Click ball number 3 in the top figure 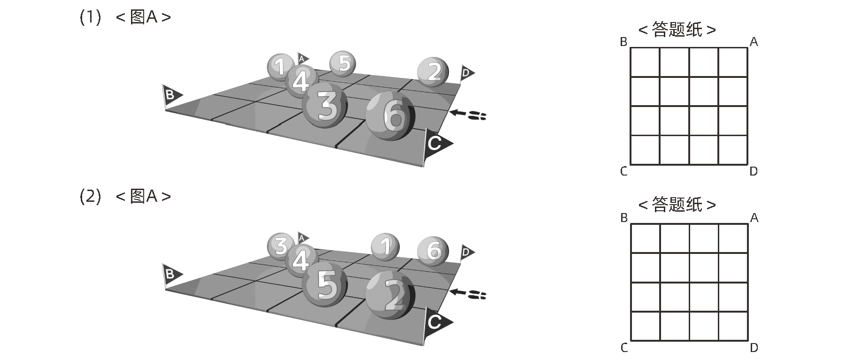pos(324,106)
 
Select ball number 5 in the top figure pos(342,63)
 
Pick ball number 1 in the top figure pos(280,66)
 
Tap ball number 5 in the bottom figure pos(324,285)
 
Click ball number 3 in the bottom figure pos(280,246)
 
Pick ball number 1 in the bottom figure pos(385,246)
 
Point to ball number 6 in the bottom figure pos(433,252)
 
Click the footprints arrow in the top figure pos(468,114)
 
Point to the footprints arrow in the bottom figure pos(468,294)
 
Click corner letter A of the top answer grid pos(754,42)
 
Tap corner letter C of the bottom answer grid pos(624,348)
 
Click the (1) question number pos(90,18)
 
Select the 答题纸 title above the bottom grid pos(677,205)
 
